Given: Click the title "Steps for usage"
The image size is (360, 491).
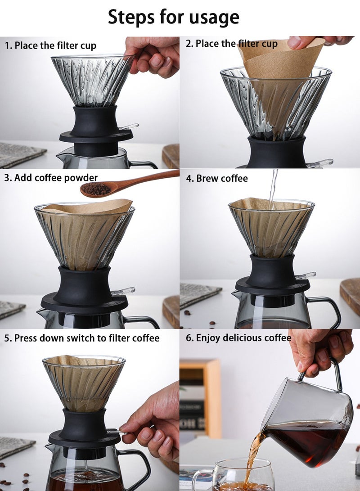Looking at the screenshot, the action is tap(173, 17).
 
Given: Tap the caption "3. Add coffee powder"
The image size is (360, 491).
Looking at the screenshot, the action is tap(51, 178).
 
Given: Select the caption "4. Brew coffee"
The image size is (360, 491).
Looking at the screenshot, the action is tap(216, 179).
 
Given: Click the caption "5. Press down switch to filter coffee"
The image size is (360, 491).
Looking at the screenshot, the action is tap(82, 338).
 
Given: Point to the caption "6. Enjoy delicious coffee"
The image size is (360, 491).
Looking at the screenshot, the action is tap(238, 338).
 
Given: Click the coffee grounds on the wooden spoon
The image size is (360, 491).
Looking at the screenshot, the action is tap(95, 189).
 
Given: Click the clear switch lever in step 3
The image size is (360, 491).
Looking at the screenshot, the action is tap(123, 291).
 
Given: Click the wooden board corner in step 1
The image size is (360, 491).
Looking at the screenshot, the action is tap(171, 156).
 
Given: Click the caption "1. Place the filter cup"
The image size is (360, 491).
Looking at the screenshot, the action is tap(50, 46).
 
